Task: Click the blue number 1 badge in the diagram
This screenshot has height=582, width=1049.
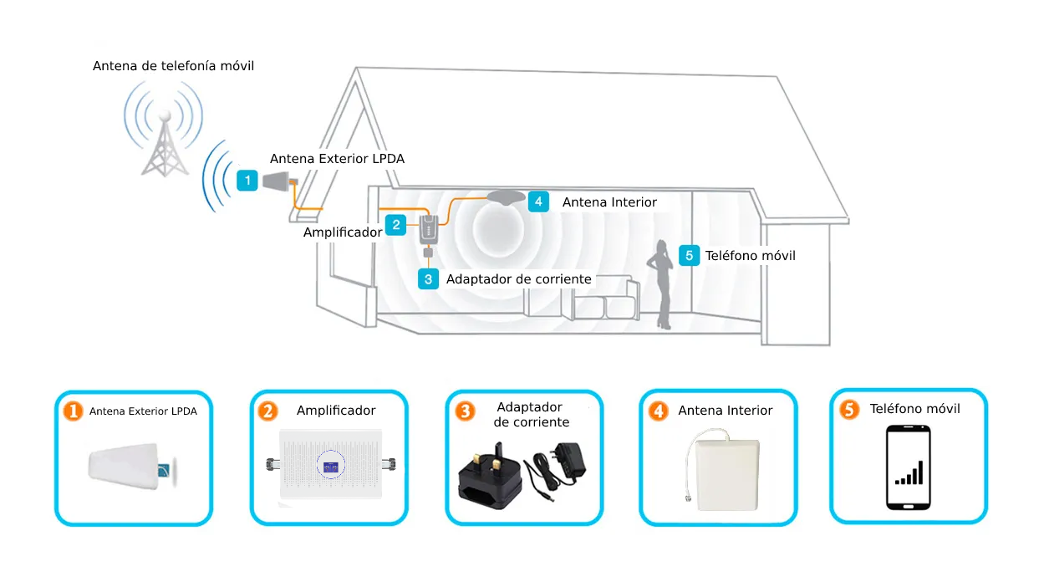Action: pos(247,181)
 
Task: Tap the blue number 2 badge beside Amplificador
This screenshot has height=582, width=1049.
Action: pos(395,225)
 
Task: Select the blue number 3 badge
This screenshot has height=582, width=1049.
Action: pos(428,279)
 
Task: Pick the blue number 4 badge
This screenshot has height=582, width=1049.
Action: pos(538,202)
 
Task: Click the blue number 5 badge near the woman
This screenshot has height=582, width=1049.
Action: pos(689,255)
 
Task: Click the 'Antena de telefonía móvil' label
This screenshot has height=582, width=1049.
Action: pos(173,66)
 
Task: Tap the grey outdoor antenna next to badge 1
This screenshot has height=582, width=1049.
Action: pos(278,181)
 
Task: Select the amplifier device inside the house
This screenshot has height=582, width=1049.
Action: pos(429,230)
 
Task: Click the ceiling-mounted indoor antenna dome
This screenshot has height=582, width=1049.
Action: pos(507,197)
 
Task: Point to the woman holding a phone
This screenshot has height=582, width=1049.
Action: pos(660,284)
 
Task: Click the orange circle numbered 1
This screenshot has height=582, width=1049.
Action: pos(73,411)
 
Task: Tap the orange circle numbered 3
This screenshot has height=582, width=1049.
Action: pos(465,411)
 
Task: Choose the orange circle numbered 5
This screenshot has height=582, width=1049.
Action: pos(849,410)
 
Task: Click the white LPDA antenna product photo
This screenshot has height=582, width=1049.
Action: pos(133,467)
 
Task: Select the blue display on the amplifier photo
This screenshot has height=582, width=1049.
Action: pos(331,466)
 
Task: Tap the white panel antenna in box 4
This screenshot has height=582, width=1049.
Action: pos(728,475)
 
